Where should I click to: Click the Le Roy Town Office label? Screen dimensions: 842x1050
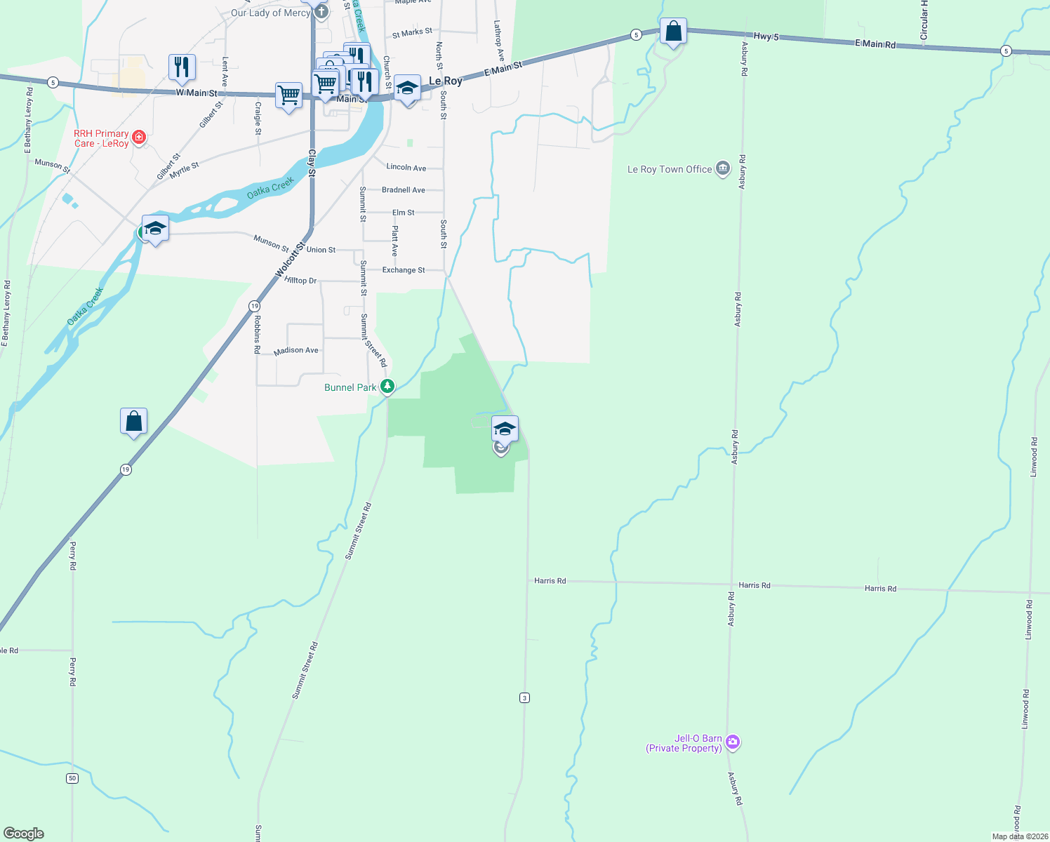[x=669, y=170]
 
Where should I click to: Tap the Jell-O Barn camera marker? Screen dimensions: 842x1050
[x=733, y=742]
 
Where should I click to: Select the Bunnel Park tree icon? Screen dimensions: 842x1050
[x=387, y=386]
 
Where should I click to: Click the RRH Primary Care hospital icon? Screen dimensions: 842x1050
[x=139, y=137]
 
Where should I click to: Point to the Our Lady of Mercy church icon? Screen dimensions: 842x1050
[x=321, y=12]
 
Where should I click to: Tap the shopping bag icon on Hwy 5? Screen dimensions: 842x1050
[x=673, y=32]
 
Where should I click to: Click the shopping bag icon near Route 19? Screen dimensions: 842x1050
[x=133, y=422]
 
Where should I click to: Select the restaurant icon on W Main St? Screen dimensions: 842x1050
[x=182, y=67]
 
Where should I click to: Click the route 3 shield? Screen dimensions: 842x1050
[x=524, y=697]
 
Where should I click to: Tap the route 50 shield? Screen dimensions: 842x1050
[x=72, y=778]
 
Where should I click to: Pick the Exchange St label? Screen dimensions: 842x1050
[x=404, y=270]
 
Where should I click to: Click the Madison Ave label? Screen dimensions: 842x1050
[x=296, y=350]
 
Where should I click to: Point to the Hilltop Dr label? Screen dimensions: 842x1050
[x=301, y=281]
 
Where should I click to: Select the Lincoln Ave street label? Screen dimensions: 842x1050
[x=406, y=168]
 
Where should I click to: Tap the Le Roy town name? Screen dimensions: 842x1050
[x=446, y=81]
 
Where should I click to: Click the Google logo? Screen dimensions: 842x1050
[x=24, y=834]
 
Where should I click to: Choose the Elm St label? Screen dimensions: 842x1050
[x=404, y=213]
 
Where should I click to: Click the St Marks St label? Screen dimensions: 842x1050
[x=412, y=33]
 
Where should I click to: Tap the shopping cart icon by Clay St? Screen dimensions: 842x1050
[x=288, y=95]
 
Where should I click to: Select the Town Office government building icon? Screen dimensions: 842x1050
[x=723, y=169]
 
